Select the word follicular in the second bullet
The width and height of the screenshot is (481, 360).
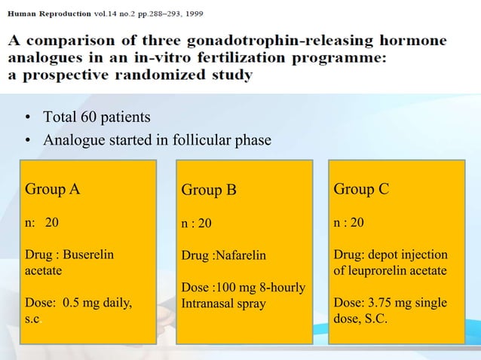click(x=200, y=141)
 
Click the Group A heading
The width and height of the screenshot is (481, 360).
click(x=53, y=188)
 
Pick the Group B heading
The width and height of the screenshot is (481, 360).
click(x=209, y=190)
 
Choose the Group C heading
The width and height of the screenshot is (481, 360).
click(x=361, y=188)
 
